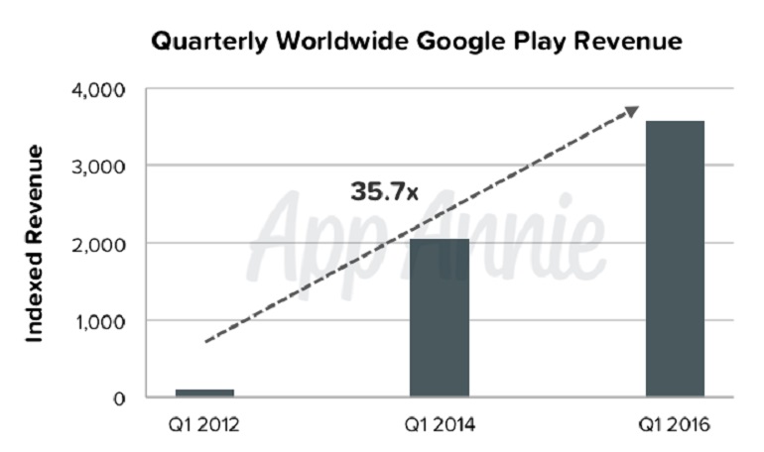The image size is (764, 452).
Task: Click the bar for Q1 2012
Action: (204, 393)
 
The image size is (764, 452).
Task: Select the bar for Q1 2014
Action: (440, 317)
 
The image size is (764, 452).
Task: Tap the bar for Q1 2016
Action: (675, 259)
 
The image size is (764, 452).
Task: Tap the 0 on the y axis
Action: (119, 398)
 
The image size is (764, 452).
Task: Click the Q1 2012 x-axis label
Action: (204, 427)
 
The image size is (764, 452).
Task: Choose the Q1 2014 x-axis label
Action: (440, 427)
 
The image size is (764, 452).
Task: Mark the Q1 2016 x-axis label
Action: (675, 427)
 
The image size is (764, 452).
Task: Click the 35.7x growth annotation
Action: (384, 191)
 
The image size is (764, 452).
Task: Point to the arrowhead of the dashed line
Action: (631, 112)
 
